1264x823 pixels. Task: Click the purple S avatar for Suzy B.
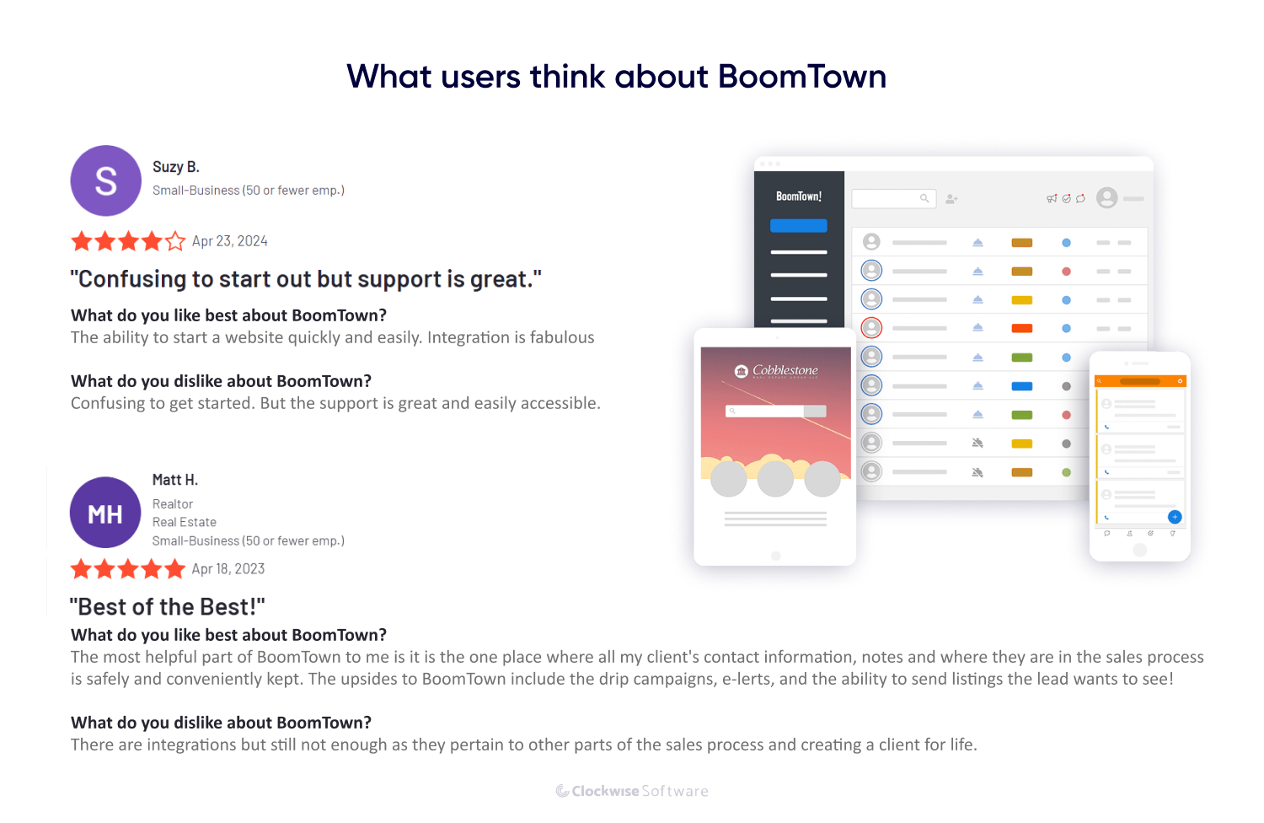(x=105, y=180)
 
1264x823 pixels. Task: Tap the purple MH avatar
(x=105, y=513)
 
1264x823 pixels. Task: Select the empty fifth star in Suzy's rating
(x=175, y=242)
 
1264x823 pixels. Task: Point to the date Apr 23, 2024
(x=229, y=241)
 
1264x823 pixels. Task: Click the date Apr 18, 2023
(x=228, y=569)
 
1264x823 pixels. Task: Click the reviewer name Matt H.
(x=174, y=480)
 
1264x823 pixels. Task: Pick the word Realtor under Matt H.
(x=173, y=504)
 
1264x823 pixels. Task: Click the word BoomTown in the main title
(x=801, y=77)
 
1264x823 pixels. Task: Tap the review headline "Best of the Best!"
(x=167, y=607)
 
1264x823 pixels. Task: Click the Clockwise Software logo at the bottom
(x=632, y=791)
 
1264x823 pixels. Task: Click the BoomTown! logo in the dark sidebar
(x=799, y=196)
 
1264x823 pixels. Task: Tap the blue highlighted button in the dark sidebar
(x=799, y=225)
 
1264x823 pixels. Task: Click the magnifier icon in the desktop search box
(x=924, y=198)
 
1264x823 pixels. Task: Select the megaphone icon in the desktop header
(x=1052, y=198)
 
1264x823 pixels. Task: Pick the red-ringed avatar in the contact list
(x=871, y=327)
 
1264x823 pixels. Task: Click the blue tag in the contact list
(x=1022, y=386)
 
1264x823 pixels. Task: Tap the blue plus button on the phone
(x=1175, y=517)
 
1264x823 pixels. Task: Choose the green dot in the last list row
(x=1066, y=472)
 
